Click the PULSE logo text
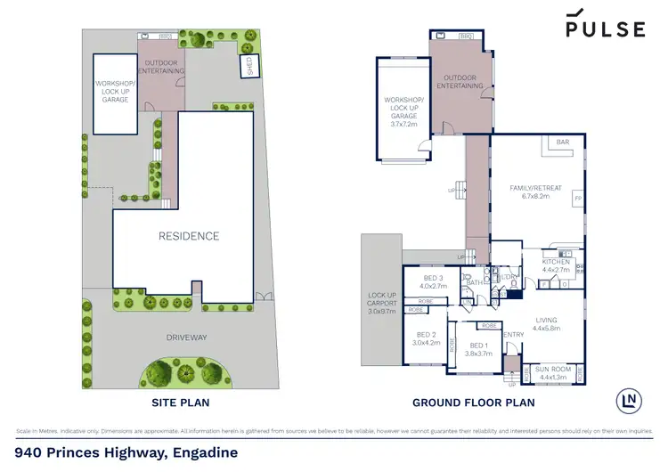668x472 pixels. click(x=606, y=28)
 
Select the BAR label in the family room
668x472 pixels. click(x=563, y=142)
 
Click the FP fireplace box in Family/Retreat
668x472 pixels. click(x=577, y=197)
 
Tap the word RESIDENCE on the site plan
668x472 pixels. click(x=189, y=236)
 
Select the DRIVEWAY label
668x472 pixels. click(x=186, y=338)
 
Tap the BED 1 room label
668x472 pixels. click(x=478, y=346)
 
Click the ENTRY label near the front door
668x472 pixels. click(x=514, y=335)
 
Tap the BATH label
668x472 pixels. click(x=475, y=283)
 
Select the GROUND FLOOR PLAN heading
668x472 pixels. click(x=473, y=403)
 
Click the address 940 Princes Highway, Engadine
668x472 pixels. click(x=126, y=452)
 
